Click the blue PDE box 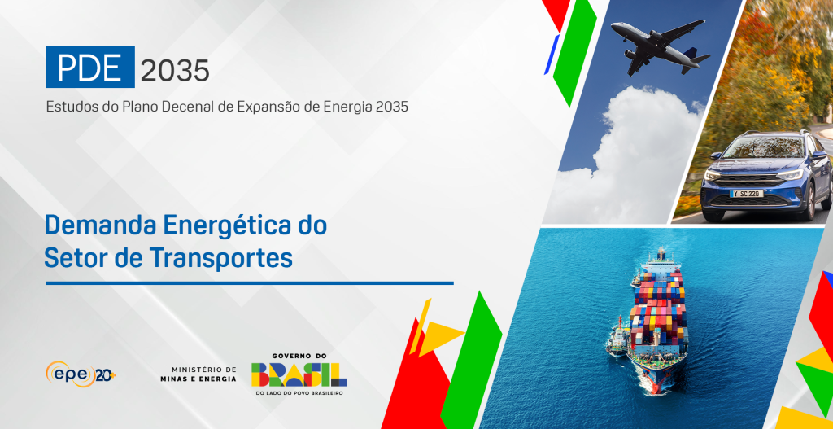click(90, 67)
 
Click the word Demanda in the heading click(101, 225)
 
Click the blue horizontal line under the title click(249, 283)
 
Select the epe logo click(81, 374)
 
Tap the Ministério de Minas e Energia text click(198, 374)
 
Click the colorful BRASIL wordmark click(299, 374)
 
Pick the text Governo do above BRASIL click(299, 356)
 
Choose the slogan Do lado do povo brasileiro click(299, 393)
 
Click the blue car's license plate click(748, 194)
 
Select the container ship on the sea click(657, 320)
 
